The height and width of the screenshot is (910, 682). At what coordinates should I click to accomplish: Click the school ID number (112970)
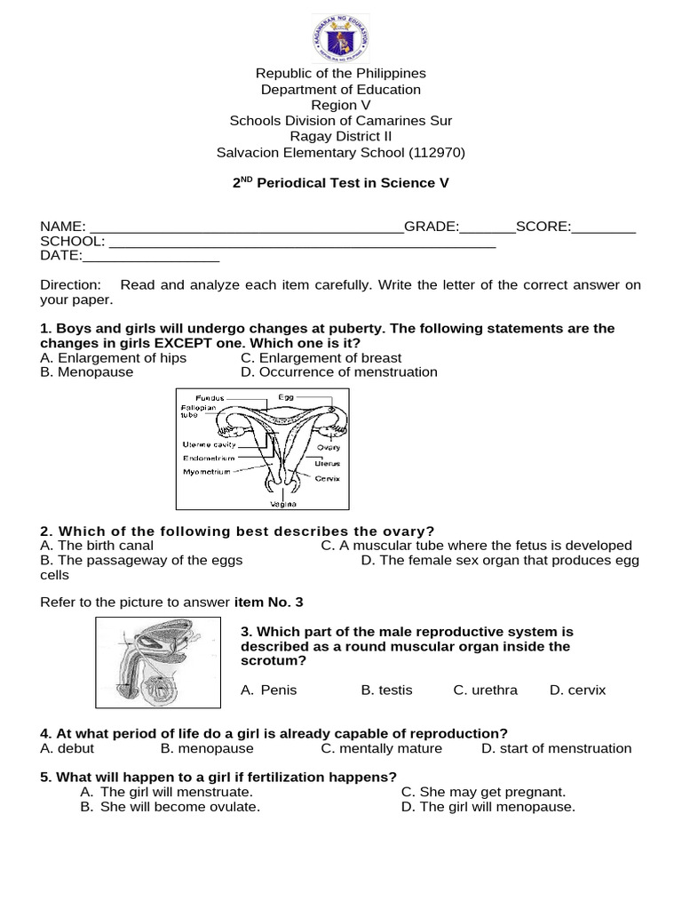pos(436,153)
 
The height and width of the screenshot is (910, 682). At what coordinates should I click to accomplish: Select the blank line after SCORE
pos(603,227)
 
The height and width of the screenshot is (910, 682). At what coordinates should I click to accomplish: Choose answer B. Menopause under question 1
pos(87,372)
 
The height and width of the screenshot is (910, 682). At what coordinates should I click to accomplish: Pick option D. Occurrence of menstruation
pos(338,372)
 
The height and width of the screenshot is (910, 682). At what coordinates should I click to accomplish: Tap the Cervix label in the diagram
pos(326,478)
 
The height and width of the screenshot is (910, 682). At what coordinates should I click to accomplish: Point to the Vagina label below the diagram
pos(282,503)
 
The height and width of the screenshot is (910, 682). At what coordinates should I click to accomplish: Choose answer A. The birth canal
pos(97,546)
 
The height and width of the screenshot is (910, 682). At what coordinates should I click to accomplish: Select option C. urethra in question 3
pos(485,690)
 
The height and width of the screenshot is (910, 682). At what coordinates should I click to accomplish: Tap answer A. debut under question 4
pos(68,748)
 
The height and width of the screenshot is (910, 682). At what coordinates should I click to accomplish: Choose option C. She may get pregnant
pos(483,792)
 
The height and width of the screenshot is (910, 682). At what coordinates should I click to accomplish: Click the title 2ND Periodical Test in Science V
pos(341,183)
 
